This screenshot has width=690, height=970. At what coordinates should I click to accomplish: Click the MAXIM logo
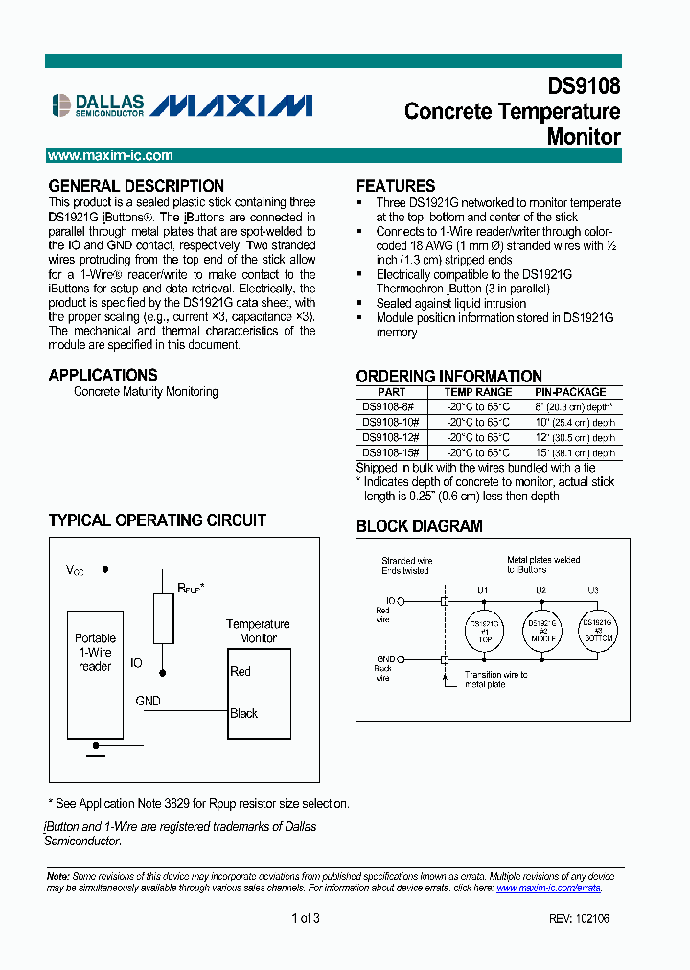tap(232, 104)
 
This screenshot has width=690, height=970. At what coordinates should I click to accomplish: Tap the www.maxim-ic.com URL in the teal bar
tap(110, 155)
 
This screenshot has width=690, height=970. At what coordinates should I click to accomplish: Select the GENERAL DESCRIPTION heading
tap(136, 186)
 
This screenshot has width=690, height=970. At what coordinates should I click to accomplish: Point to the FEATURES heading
tap(396, 186)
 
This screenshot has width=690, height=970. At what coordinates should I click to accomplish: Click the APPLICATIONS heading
tap(103, 375)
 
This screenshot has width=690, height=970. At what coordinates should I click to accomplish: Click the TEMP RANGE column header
tap(477, 392)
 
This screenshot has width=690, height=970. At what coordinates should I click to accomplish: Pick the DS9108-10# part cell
tap(391, 422)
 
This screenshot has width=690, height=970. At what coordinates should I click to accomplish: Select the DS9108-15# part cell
tap(391, 452)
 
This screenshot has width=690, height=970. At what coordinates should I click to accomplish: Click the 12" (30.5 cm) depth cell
tap(575, 437)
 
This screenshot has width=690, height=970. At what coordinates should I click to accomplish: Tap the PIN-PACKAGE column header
tap(570, 392)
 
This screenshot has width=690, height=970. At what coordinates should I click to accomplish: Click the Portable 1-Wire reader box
tap(95, 671)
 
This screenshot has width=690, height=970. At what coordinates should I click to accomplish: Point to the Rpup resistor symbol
tap(164, 618)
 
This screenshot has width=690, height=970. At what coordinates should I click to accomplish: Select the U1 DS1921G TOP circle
tap(483, 629)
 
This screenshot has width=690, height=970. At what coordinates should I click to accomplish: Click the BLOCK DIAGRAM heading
tap(420, 526)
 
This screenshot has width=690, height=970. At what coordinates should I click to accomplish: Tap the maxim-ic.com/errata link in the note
tap(548, 889)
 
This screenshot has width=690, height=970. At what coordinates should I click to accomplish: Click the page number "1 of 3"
tap(306, 919)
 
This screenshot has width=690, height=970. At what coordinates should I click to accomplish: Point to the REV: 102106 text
tap(579, 919)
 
